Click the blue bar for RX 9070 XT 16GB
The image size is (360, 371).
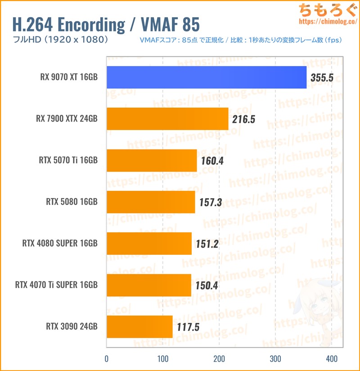pos(206,77)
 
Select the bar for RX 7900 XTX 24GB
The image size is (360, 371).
pos(167,119)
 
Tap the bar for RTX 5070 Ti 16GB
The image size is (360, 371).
pos(151,161)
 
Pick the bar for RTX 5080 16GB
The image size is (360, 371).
pos(150,202)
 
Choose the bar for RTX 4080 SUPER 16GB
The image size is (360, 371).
pos(148,244)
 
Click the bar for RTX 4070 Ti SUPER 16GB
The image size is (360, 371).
pos(148,285)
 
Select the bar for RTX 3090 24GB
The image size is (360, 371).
pos(139,326)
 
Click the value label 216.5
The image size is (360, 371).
pos(243,119)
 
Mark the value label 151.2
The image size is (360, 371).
pos(207,244)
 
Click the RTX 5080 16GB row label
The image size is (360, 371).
pos(72,202)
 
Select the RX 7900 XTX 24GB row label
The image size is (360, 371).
pos(67,119)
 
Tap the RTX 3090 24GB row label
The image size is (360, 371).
pos(72,326)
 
